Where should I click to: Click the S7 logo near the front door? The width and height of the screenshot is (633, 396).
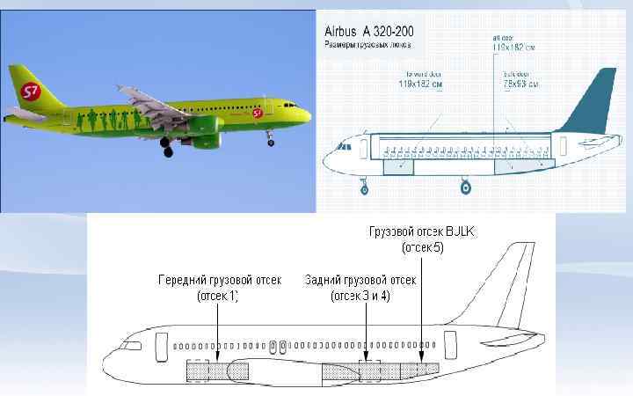(258, 113)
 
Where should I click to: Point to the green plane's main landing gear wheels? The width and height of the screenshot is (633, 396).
(166, 150)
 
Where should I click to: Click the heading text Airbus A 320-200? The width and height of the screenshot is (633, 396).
(369, 28)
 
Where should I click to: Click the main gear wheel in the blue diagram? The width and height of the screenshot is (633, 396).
(466, 187)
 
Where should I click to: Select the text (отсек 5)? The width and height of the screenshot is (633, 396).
(422, 249)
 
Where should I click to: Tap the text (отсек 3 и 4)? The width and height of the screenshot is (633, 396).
(362, 296)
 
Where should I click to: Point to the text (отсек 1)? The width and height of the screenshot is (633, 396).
(217, 296)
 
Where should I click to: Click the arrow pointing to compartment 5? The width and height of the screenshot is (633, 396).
(422, 308)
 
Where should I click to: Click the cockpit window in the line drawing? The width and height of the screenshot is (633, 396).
(131, 346)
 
